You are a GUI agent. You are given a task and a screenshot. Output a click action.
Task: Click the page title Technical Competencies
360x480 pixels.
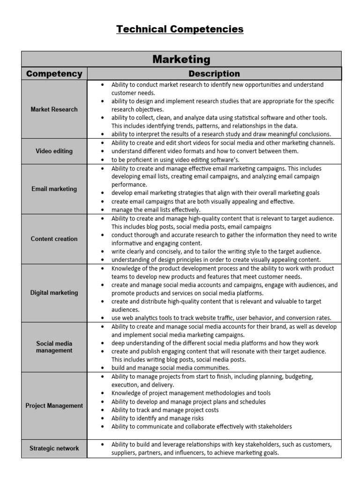[x=180, y=29]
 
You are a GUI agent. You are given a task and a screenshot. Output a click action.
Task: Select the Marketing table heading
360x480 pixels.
[x=181, y=59]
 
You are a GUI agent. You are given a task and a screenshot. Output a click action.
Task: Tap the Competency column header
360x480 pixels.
[x=54, y=74]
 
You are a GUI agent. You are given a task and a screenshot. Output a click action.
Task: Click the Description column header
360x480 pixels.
[x=214, y=74]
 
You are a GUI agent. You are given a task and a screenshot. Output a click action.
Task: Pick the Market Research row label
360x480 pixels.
[x=54, y=109]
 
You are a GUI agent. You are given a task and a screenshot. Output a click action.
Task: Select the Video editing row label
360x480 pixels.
[x=54, y=151]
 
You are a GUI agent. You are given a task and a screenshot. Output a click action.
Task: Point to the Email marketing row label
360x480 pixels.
[x=54, y=189]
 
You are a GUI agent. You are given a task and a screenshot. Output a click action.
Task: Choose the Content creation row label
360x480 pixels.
[x=54, y=239]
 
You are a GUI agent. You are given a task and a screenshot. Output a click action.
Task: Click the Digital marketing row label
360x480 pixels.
[x=54, y=292]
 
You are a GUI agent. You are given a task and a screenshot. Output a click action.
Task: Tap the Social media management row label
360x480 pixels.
[x=54, y=347]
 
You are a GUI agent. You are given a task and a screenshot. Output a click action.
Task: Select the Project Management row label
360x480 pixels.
[x=54, y=405]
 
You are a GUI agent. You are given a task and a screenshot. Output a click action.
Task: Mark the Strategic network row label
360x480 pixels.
[x=54, y=448]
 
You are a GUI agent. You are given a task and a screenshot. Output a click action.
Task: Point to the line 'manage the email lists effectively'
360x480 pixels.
[x=156, y=210]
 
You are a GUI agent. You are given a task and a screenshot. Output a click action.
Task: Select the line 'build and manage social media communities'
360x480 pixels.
[x=170, y=368]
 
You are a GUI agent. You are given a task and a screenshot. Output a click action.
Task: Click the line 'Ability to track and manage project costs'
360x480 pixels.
[x=165, y=410]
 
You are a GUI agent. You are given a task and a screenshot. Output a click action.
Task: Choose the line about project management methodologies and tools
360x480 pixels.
[x=191, y=393]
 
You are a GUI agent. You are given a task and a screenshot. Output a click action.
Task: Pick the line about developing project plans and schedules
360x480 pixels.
[x=188, y=401]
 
